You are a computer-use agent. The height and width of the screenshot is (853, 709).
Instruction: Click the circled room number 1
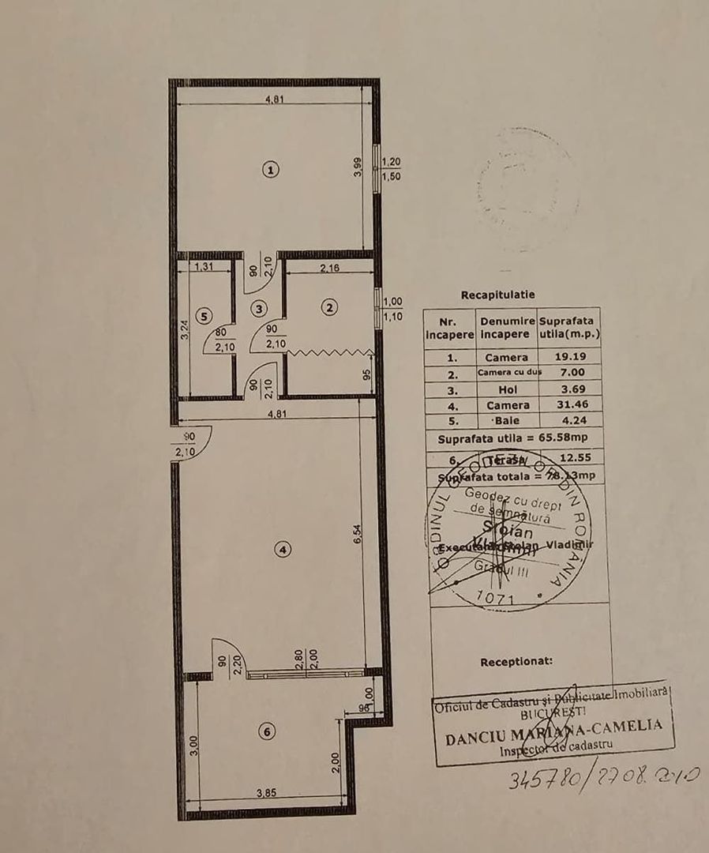click(271, 169)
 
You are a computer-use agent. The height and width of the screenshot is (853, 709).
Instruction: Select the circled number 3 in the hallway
click(260, 308)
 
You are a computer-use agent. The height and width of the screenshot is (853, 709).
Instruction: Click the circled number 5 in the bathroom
click(204, 316)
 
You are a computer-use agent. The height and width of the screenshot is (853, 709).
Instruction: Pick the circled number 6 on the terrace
click(268, 732)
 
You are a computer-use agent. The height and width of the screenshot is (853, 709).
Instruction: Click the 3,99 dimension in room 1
click(358, 167)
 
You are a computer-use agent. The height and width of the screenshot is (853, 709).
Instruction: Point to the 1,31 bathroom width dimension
click(204, 267)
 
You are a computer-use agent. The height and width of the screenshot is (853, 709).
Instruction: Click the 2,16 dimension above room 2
click(329, 269)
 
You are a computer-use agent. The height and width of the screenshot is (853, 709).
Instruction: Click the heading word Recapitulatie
click(497, 295)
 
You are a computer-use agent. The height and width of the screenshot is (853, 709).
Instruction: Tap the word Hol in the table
click(507, 389)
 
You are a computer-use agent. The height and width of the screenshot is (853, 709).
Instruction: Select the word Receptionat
click(516, 662)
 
